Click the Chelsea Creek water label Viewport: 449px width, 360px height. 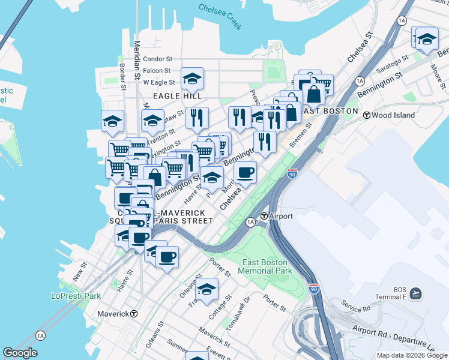[x=220, y=17]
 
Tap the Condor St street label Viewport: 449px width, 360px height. [x=158, y=59]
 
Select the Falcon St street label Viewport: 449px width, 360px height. [x=157, y=71]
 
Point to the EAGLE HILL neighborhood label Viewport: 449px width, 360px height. [x=176, y=96]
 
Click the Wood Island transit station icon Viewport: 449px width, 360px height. [x=366, y=115]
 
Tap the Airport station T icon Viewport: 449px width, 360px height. [x=264, y=216]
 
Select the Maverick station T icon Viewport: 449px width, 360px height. [x=134, y=314]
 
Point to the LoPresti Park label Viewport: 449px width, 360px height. [x=76, y=296]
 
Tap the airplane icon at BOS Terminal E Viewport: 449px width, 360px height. [x=416, y=293]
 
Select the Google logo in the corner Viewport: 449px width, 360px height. [x=20, y=353]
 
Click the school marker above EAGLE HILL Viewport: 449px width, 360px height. [x=192, y=79]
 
